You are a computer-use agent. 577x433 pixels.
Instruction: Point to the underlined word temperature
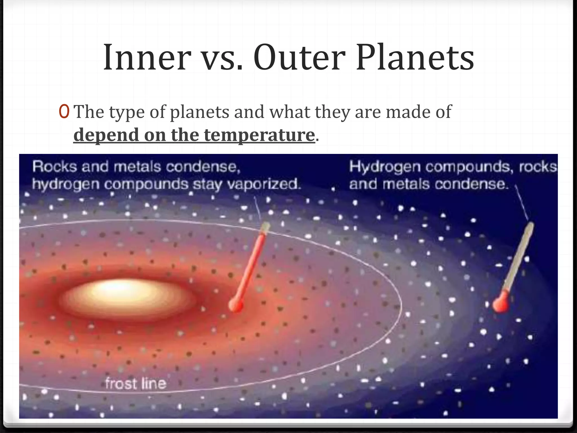[259, 135]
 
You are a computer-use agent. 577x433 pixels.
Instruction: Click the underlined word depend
[106, 135]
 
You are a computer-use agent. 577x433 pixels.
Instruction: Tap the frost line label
[136, 384]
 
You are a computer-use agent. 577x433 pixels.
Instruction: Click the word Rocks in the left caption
[54, 167]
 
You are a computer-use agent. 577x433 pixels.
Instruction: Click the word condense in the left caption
[202, 167]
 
